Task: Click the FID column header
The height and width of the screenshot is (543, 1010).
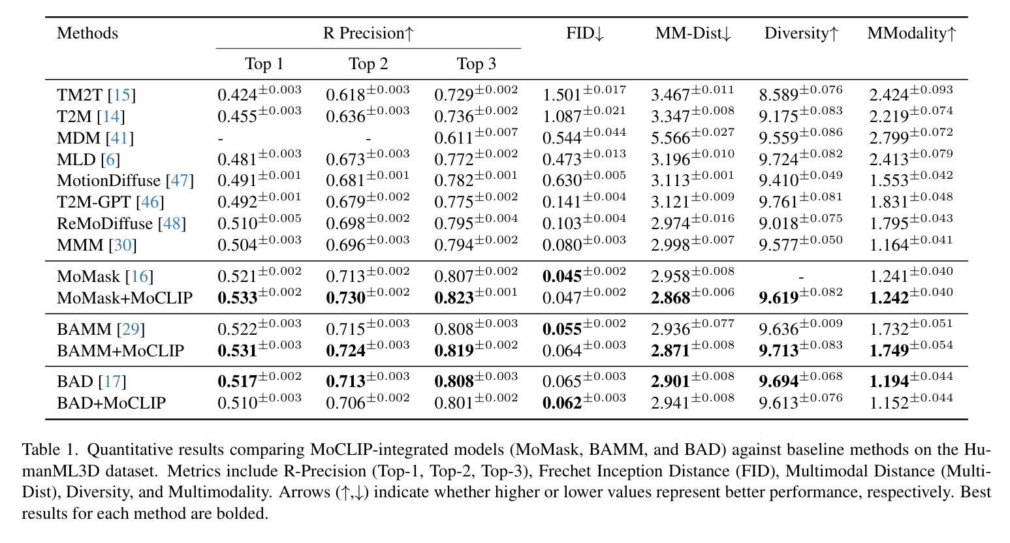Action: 585,33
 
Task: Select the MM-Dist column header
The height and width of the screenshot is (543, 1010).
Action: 693,33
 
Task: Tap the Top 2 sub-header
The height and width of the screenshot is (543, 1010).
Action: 368,63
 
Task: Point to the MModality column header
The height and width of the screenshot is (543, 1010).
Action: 911,33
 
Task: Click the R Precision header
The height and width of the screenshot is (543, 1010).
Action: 368,33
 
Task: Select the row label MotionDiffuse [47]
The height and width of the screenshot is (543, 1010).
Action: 125,181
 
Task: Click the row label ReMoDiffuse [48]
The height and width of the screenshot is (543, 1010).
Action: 121,223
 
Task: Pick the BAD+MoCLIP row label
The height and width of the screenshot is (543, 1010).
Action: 112,403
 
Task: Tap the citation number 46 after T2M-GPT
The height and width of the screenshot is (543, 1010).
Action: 150,202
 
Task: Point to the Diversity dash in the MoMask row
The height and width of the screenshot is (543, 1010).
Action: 801,277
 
